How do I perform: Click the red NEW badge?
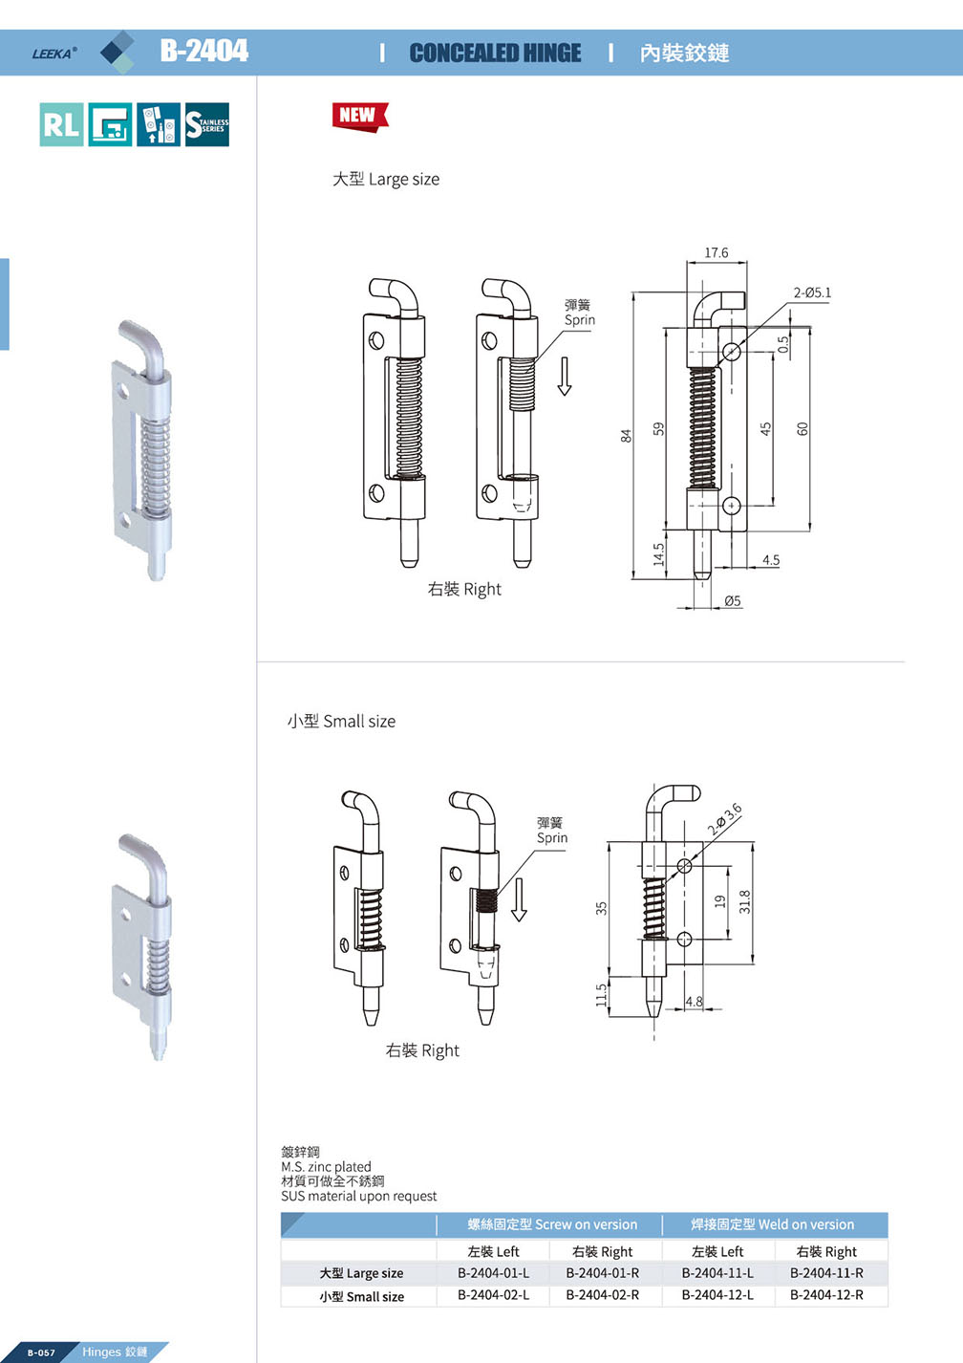pyautogui.click(x=359, y=117)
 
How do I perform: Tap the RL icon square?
pyautogui.click(x=61, y=125)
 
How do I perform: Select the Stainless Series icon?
pyautogui.click(x=207, y=125)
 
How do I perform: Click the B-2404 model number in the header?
pyautogui.click(x=204, y=51)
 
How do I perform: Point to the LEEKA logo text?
pyautogui.click(x=54, y=54)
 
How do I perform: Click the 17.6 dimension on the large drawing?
pyautogui.click(x=716, y=252)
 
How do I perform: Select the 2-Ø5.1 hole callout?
pyautogui.click(x=812, y=292)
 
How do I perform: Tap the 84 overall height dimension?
pyautogui.click(x=626, y=436)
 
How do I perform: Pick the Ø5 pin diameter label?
pyautogui.click(x=733, y=601)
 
